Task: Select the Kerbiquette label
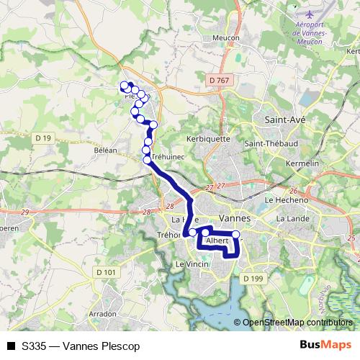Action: pos(208,138)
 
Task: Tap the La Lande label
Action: pos(292,218)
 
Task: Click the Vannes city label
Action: pos(233,217)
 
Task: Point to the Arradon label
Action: pos(102,314)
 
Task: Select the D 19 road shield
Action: pos(43,138)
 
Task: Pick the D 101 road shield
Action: pos(105,271)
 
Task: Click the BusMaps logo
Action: pos(325,346)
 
